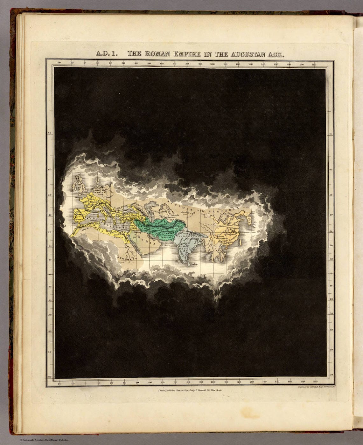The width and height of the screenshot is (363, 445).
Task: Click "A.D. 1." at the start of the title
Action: point(107,54)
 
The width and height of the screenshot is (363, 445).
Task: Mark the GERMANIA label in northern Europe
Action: point(98,188)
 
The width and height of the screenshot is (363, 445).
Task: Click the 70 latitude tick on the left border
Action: point(50,134)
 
